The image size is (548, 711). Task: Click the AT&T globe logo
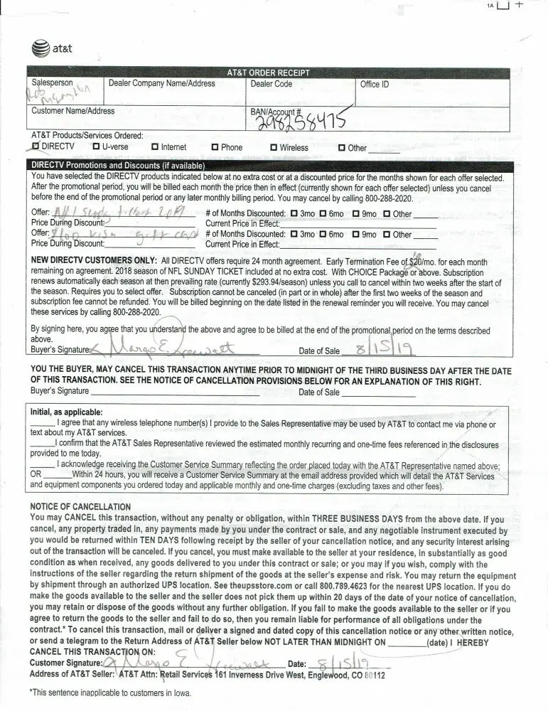click(x=41, y=49)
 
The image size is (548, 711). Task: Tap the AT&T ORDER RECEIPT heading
click(x=268, y=73)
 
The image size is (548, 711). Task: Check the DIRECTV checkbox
click(x=36, y=146)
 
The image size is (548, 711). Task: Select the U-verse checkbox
click(x=96, y=147)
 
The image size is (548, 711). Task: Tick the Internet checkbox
click(x=155, y=147)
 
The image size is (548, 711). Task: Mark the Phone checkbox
click(x=215, y=147)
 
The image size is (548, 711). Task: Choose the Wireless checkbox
click(x=273, y=147)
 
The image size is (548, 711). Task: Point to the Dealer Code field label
click(x=271, y=84)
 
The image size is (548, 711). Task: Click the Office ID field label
click(x=375, y=84)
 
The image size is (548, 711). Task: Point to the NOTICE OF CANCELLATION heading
click(x=80, y=506)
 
